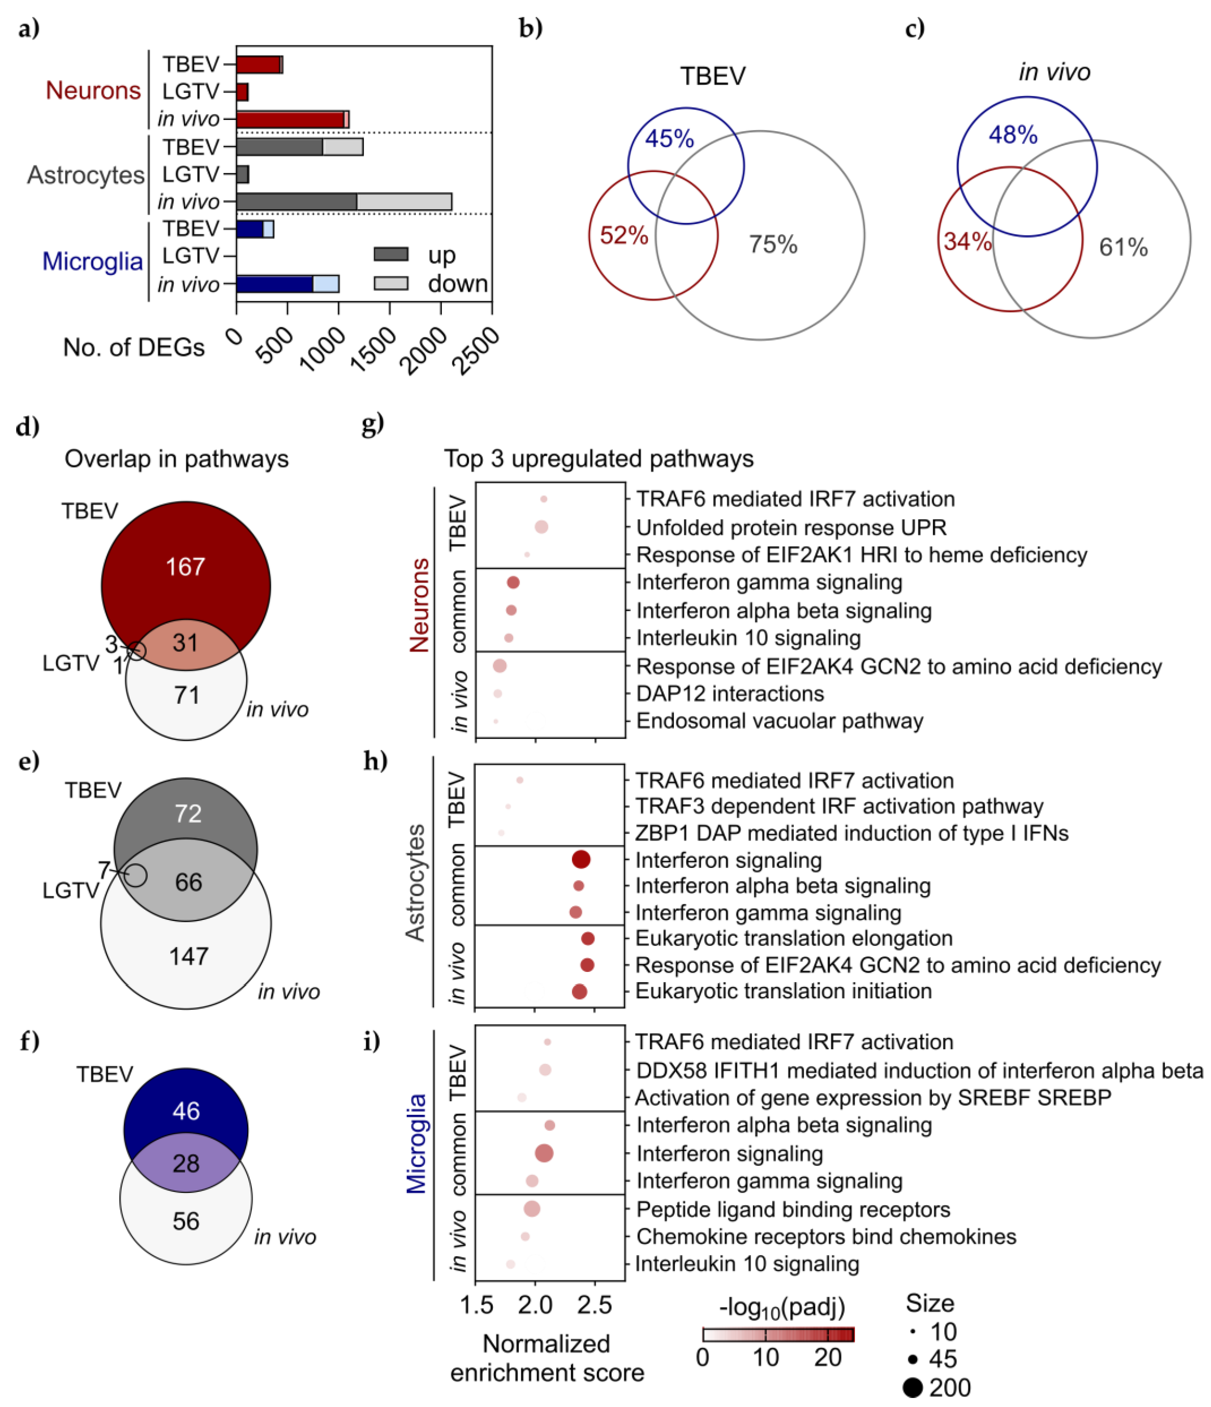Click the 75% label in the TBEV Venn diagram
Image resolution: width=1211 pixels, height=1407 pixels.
tap(773, 244)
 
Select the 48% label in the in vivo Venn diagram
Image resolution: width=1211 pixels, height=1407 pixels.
tap(1013, 135)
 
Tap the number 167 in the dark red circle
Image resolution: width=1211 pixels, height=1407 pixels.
tap(185, 566)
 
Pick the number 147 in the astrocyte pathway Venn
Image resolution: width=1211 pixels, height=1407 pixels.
tap(188, 956)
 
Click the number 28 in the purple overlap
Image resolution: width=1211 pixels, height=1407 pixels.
tap(186, 1163)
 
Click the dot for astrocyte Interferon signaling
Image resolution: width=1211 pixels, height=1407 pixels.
tap(581, 860)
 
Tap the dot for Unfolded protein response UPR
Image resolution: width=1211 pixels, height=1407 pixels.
tap(541, 527)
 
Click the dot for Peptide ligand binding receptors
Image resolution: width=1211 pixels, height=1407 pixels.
tap(532, 1209)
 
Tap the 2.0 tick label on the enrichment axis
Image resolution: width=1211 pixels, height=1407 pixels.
tap(535, 1305)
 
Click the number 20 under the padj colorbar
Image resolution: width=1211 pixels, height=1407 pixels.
tap(828, 1358)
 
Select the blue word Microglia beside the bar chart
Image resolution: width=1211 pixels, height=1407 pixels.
tap(92, 261)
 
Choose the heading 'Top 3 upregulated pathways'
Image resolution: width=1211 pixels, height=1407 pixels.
tap(598, 459)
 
